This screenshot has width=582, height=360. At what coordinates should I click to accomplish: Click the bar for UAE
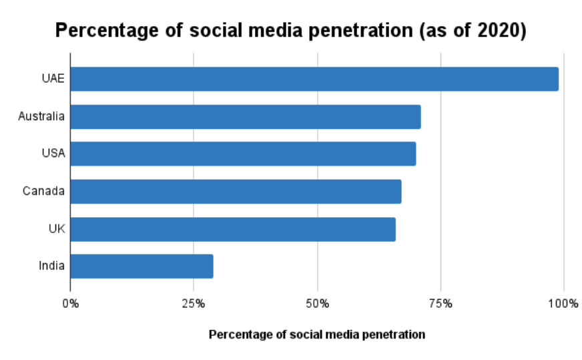tap(314, 79)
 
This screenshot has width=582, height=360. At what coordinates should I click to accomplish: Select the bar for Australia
tap(245, 116)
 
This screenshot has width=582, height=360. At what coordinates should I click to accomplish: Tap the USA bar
tap(243, 154)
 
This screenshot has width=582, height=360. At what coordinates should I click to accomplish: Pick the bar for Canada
tap(236, 191)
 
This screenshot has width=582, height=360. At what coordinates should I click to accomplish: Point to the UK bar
tap(232, 228)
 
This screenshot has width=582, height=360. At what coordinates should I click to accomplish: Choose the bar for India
tap(141, 266)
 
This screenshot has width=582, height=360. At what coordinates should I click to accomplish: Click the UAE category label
tap(52, 79)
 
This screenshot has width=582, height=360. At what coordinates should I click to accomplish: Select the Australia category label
tap(41, 116)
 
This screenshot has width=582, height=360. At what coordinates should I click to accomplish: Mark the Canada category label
tap(43, 191)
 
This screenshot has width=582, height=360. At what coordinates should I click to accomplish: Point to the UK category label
tap(56, 228)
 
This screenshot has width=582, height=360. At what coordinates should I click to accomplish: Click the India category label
tap(51, 266)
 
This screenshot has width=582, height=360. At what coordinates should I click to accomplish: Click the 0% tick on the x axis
tap(70, 305)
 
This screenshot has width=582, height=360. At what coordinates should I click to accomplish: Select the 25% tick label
tap(194, 305)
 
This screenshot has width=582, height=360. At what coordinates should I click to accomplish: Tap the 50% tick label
tap(317, 305)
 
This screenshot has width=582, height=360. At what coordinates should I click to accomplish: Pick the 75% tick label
tap(441, 305)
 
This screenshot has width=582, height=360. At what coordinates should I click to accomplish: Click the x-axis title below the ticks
tap(316, 335)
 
